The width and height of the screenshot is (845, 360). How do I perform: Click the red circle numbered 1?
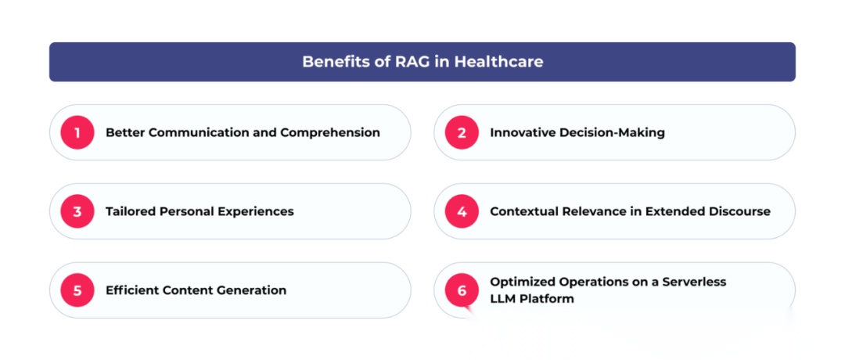pyautogui.click(x=77, y=132)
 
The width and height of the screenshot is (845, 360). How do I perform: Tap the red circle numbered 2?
pyautogui.click(x=462, y=132)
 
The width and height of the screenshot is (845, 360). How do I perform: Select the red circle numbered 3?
pyautogui.click(x=77, y=211)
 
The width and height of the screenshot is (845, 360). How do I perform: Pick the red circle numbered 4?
pyautogui.click(x=462, y=211)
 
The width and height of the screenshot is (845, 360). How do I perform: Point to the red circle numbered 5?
pyautogui.click(x=77, y=290)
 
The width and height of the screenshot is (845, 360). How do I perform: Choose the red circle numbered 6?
pyautogui.click(x=462, y=290)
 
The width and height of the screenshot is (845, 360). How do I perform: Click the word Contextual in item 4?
pyautogui.click(x=523, y=211)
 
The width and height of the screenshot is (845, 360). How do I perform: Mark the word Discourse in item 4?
pyautogui.click(x=739, y=211)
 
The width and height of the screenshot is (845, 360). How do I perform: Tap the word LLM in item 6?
pyautogui.click(x=503, y=299)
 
